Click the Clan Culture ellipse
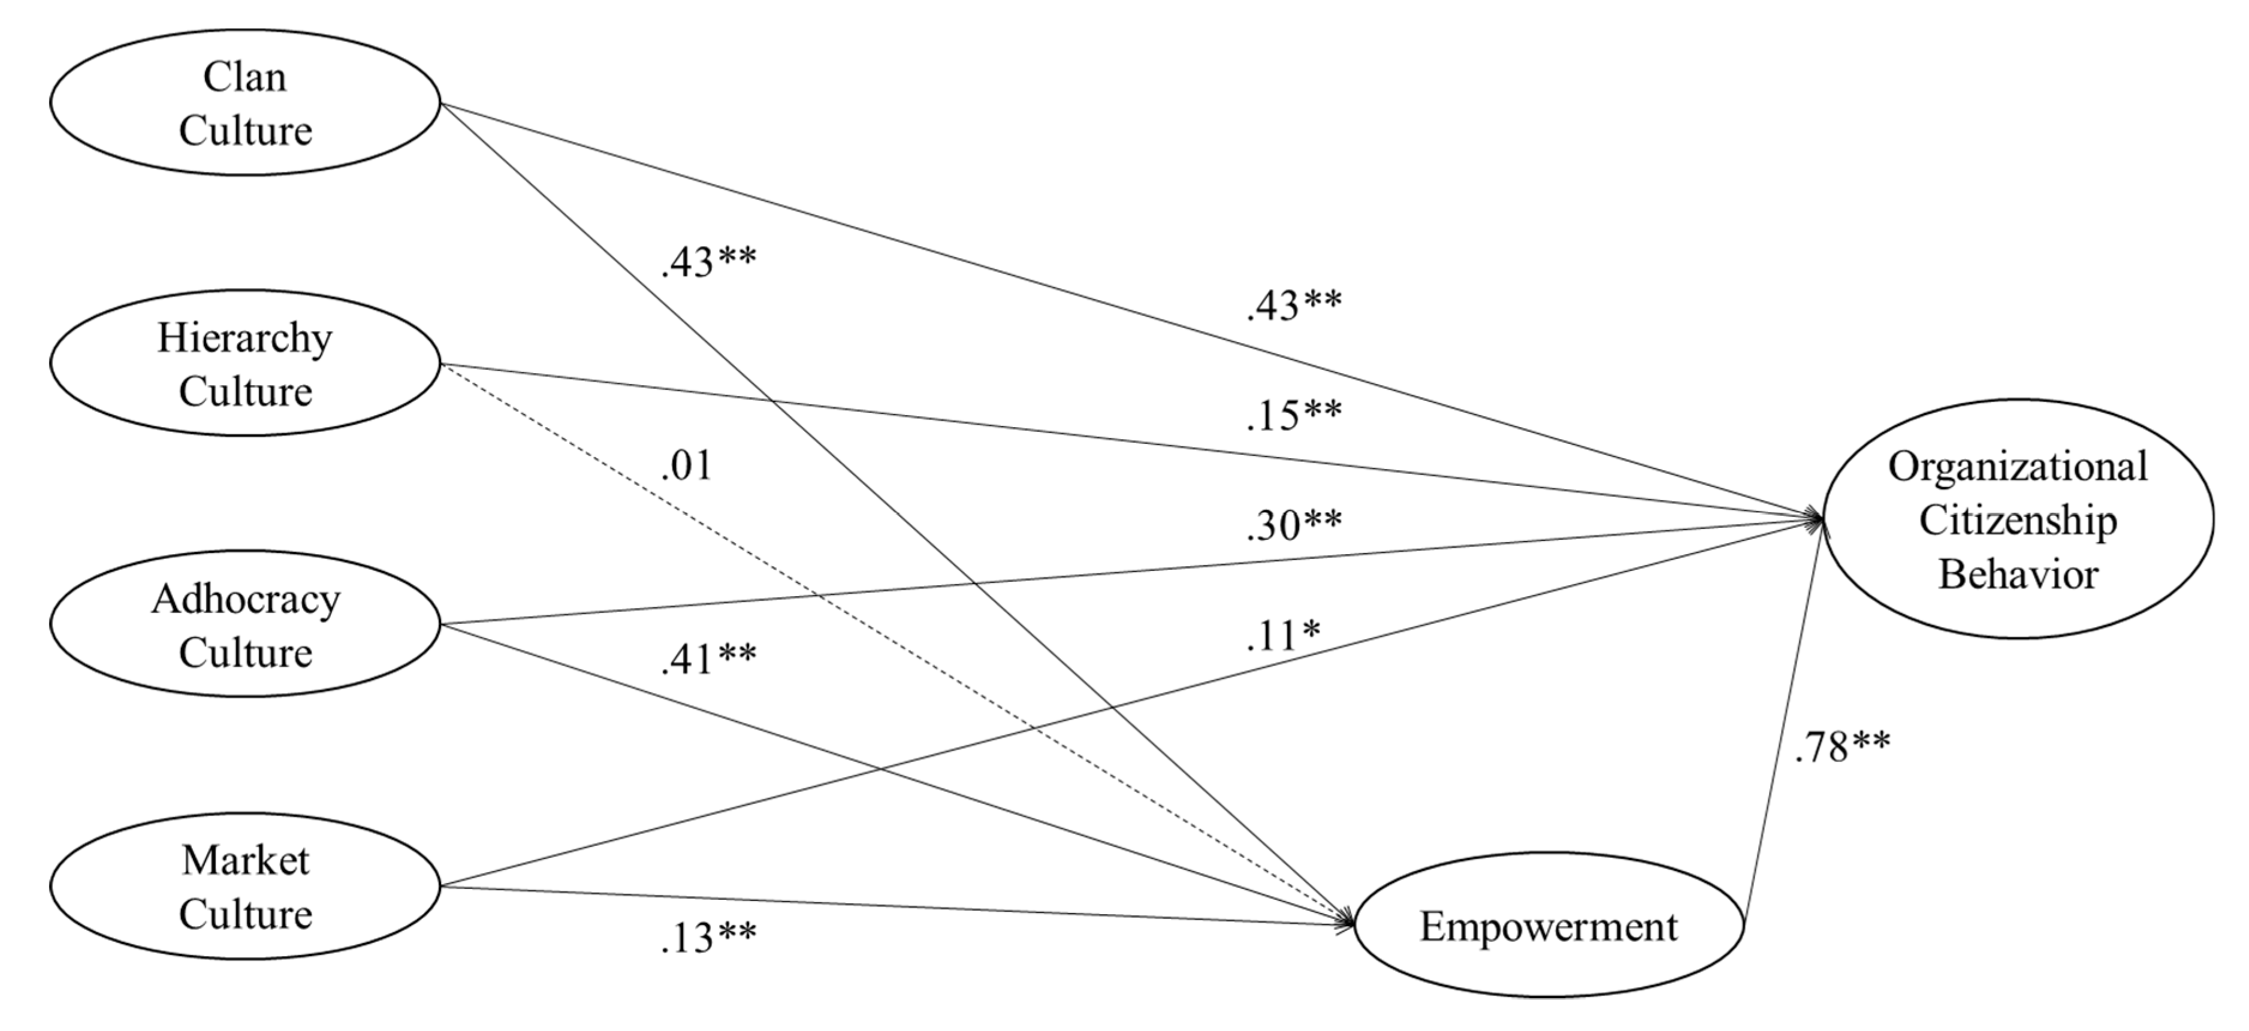(244, 103)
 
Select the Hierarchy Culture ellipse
(244, 363)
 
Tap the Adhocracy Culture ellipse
(244, 624)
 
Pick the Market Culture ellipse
(244, 886)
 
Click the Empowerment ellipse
(1548, 926)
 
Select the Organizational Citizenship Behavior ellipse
(2016, 519)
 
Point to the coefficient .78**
(1842, 747)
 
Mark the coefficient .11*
(1282, 636)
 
